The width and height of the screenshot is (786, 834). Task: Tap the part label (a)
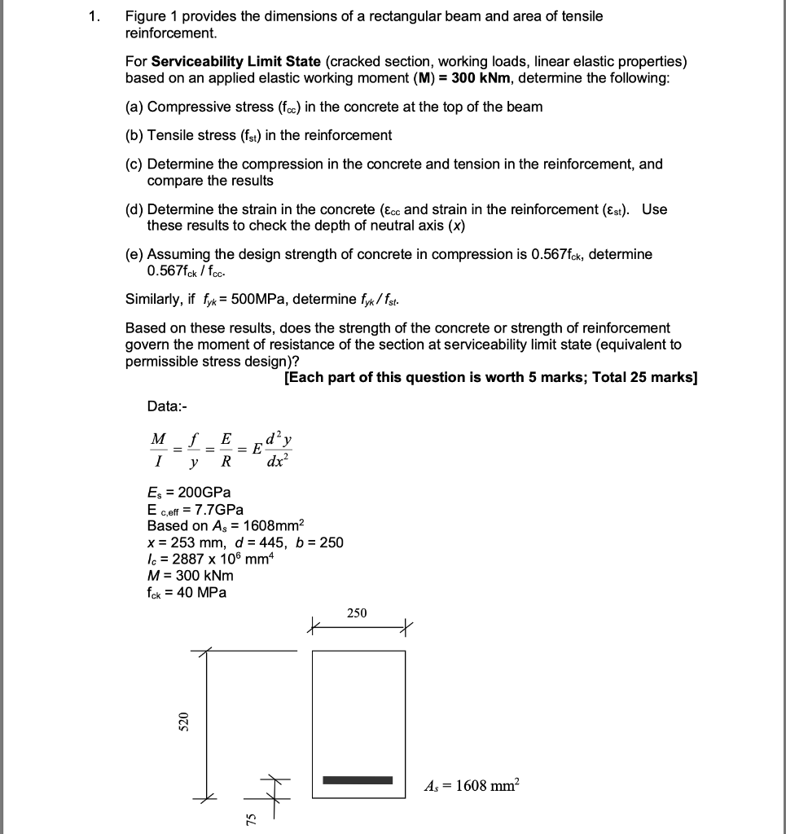point(134,107)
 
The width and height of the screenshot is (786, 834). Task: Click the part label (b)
point(134,135)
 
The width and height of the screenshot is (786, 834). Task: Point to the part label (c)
point(134,164)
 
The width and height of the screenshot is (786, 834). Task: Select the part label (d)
point(134,209)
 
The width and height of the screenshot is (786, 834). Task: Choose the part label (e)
point(134,254)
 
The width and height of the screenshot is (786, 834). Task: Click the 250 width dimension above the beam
point(357,612)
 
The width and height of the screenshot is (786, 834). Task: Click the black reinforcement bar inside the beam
point(358,781)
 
